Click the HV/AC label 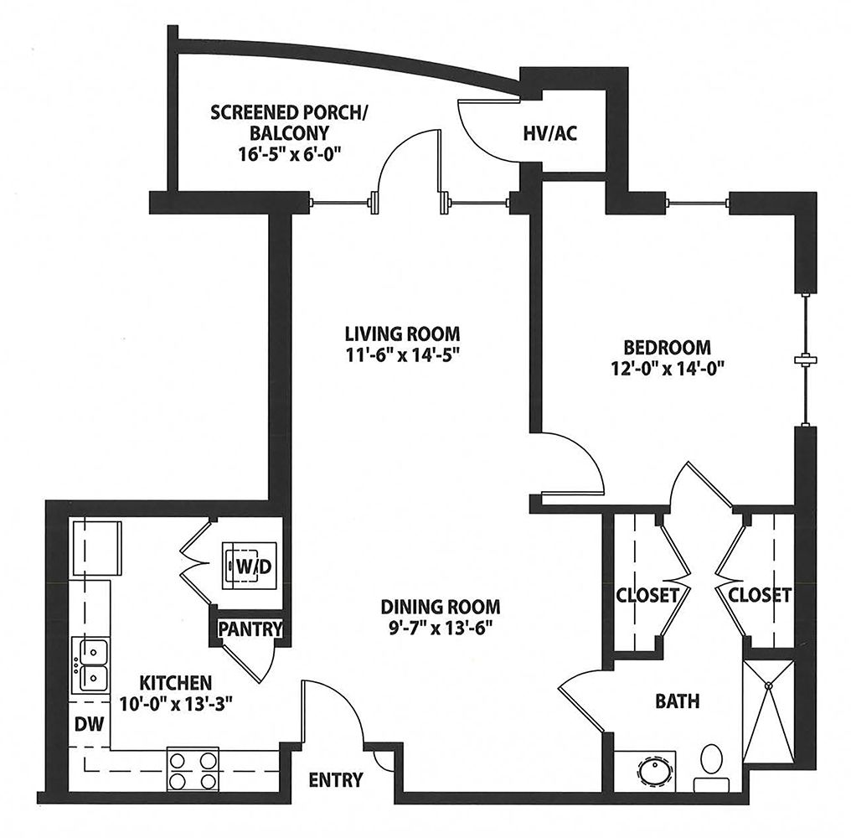tap(549, 133)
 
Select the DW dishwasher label tap(89, 723)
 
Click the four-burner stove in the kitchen tap(193, 769)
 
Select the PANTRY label tap(250, 628)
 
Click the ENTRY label tap(336, 780)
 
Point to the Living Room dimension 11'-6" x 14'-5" tap(403, 355)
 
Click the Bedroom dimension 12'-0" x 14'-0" tap(668, 370)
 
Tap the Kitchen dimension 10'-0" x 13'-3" tap(176, 704)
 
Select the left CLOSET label tap(647, 595)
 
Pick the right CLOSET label tap(759, 595)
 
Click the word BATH tap(678, 701)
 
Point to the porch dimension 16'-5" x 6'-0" tap(289, 154)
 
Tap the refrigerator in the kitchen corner tap(96, 548)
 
